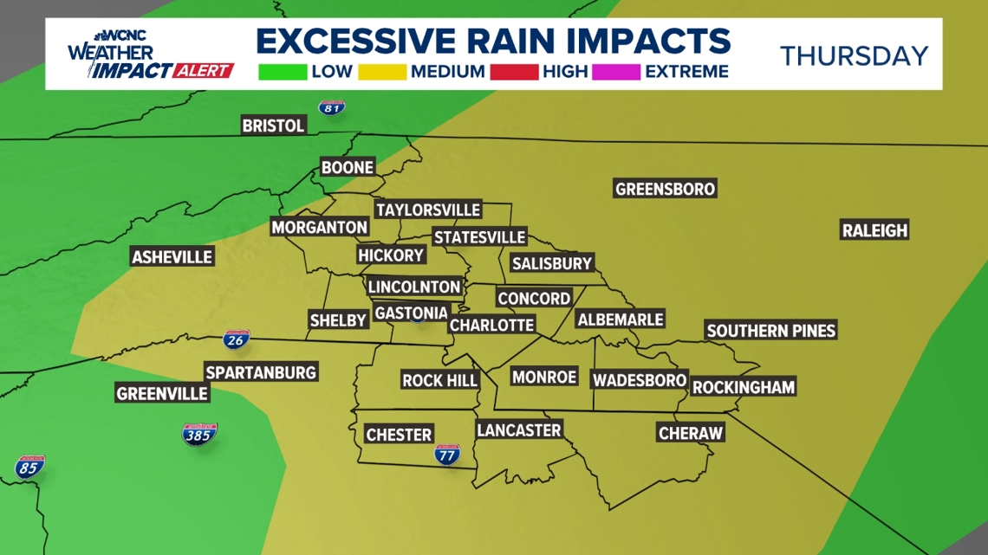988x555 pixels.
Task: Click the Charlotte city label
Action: (491, 325)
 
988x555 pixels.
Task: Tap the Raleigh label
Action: (874, 230)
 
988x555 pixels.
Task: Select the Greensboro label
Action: (665, 189)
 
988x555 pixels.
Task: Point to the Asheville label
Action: (172, 257)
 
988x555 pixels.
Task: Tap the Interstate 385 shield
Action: (199, 434)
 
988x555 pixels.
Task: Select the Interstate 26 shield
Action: (235, 339)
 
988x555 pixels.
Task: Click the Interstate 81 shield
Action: (331, 107)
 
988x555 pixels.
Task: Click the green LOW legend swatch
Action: (283, 71)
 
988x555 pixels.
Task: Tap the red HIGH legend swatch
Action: (513, 71)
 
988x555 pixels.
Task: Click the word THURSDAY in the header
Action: (854, 56)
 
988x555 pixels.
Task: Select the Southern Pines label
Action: (770, 330)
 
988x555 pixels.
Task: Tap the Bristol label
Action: (273, 126)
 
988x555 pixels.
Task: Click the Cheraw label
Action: (690, 433)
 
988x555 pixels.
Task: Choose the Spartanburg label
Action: (261, 372)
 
